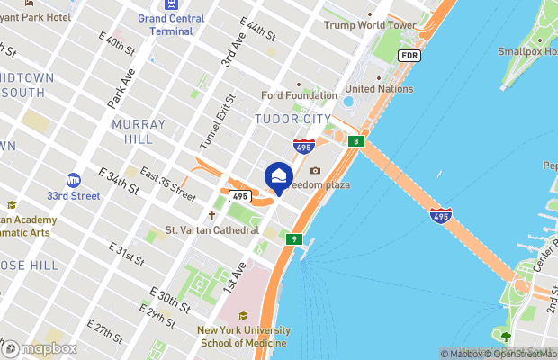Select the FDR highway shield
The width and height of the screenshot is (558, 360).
click(409, 56)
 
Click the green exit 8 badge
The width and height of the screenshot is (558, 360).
click(357, 141)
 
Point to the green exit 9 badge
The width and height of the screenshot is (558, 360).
click(293, 239)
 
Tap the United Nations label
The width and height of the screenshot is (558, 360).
click(379, 89)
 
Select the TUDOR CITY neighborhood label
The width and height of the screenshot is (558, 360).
click(287, 118)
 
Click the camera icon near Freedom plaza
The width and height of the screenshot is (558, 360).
click(315, 171)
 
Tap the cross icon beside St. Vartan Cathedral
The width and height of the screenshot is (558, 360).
click(212, 216)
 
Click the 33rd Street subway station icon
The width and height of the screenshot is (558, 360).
click(74, 180)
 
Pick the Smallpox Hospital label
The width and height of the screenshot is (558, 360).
click(529, 51)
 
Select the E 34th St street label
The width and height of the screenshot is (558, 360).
click(119, 180)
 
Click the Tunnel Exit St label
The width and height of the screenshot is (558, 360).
click(217, 122)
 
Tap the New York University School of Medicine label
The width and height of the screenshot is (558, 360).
click(243, 337)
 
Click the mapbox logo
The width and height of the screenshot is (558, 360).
click(40, 348)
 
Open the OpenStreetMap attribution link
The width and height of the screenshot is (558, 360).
click(520, 354)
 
